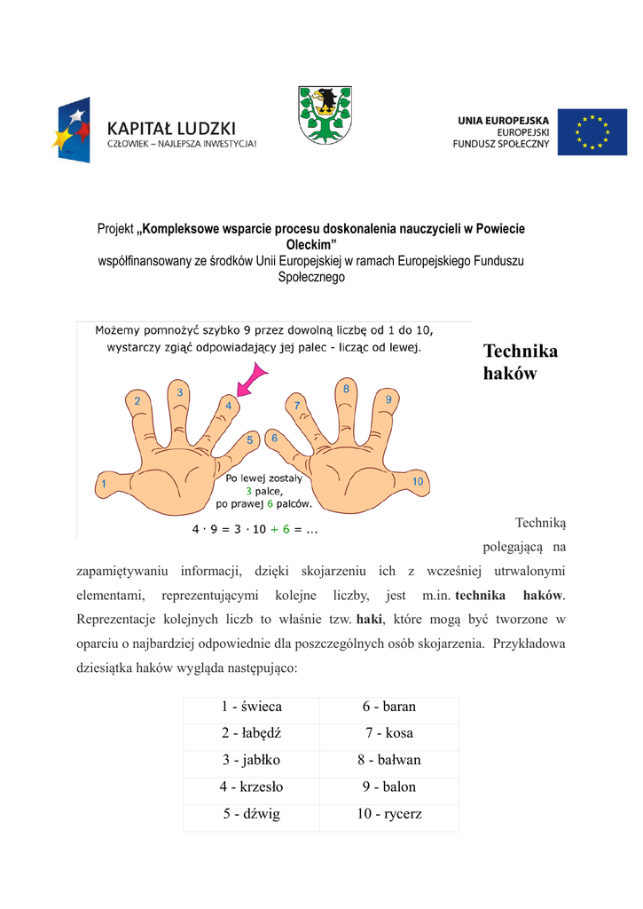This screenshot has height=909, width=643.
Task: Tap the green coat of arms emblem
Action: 325,115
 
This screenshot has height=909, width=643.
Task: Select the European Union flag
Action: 592,131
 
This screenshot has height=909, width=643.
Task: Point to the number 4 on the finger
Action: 228,406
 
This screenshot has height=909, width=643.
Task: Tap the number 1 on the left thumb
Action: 105,484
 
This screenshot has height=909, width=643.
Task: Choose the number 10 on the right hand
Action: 419,482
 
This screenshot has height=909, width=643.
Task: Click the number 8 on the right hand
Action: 346,389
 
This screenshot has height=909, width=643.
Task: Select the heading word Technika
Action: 521,352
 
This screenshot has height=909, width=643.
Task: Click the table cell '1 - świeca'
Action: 252,707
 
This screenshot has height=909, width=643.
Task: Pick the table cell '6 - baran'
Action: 388,707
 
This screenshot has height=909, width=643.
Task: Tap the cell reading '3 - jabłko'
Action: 252,760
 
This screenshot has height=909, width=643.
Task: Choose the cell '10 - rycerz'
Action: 388,813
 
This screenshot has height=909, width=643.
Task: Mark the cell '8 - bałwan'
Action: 388,760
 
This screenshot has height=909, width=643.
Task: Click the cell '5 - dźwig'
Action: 252,813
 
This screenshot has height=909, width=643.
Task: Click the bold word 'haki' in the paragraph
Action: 368,618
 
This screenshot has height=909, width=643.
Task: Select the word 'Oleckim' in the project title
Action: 310,244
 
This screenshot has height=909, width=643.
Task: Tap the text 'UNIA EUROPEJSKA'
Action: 503,120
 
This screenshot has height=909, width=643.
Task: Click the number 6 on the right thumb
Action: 274,438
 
